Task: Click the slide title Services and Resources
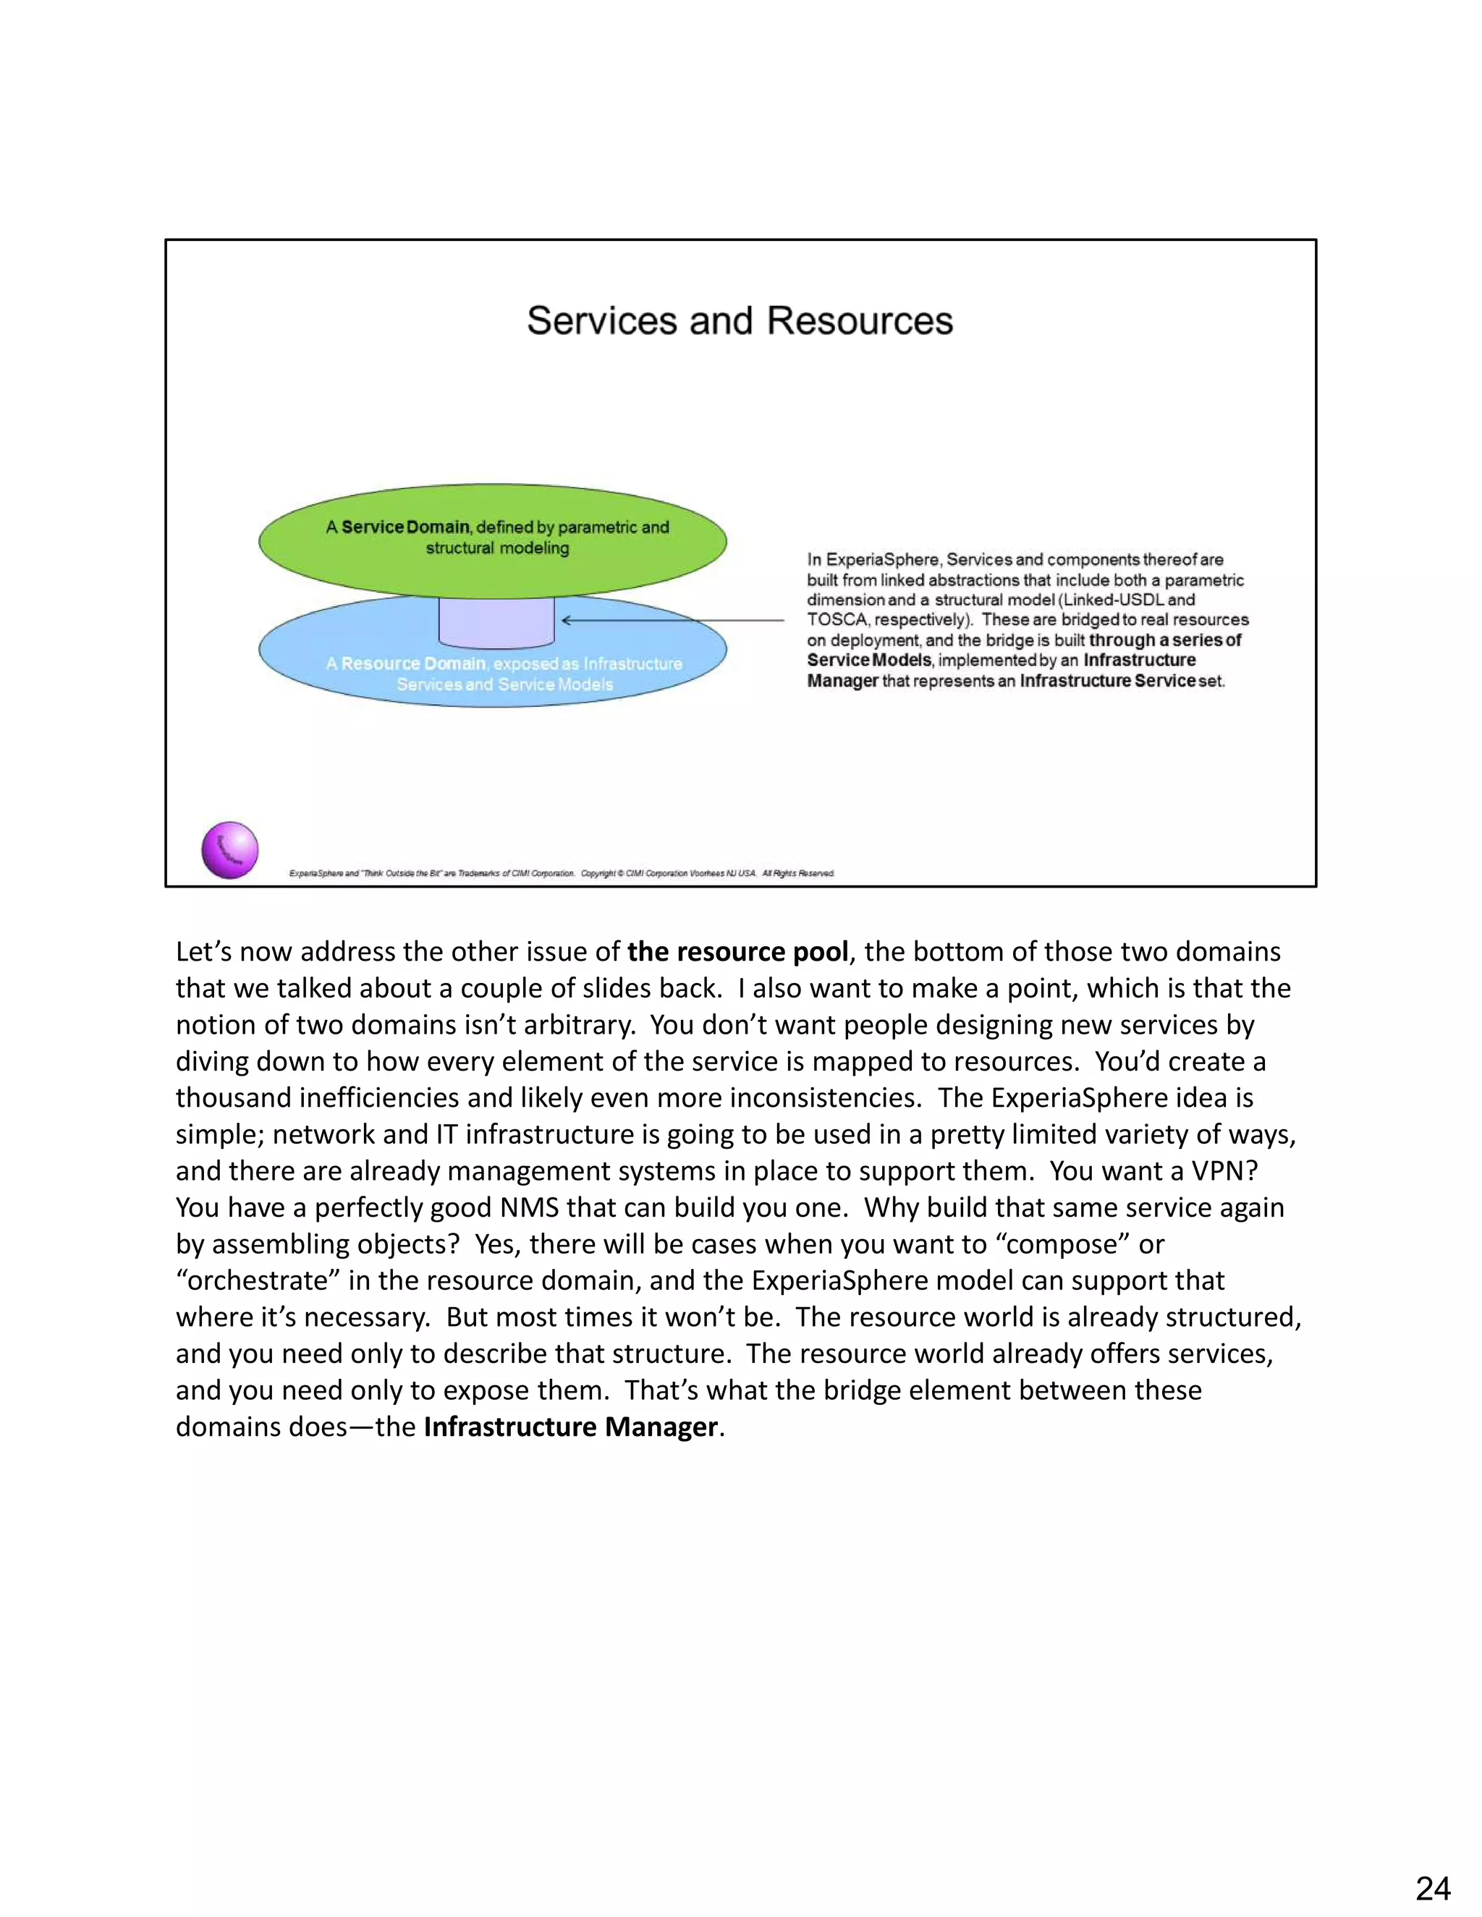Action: tap(740, 321)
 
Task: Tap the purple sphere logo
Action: tap(230, 850)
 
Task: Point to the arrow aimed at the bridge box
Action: tap(672, 621)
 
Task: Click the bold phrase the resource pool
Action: tap(737, 951)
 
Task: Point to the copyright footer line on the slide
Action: tap(562, 873)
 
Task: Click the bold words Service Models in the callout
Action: tap(869, 660)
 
